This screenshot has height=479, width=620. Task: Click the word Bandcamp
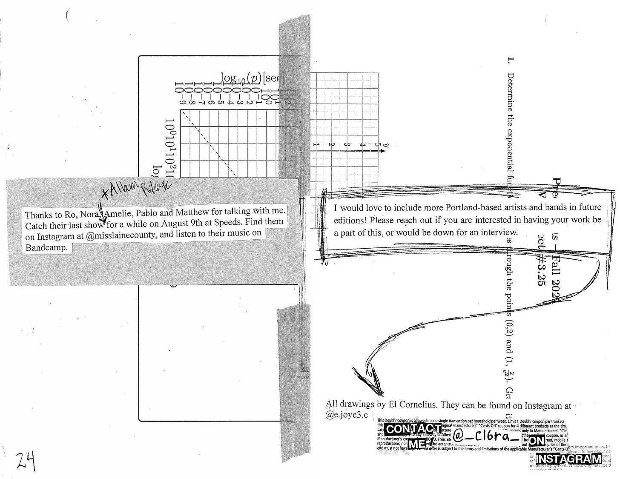click(x=46, y=248)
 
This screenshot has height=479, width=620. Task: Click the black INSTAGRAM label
click(x=568, y=459)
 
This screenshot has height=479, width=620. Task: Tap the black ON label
click(x=537, y=442)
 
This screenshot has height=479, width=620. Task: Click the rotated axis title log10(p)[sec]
click(x=252, y=78)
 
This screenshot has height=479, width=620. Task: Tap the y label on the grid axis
click(x=383, y=146)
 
